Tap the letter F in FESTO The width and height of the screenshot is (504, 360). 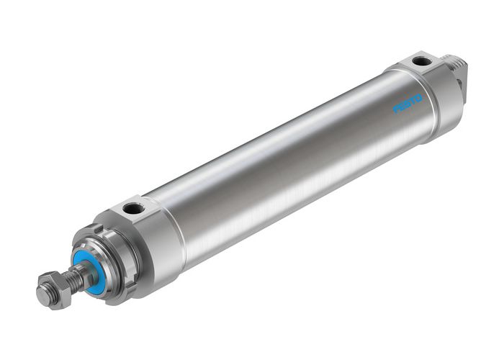point(396,109)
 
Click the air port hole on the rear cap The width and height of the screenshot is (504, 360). point(421,61)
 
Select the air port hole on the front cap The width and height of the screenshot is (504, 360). point(133,209)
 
